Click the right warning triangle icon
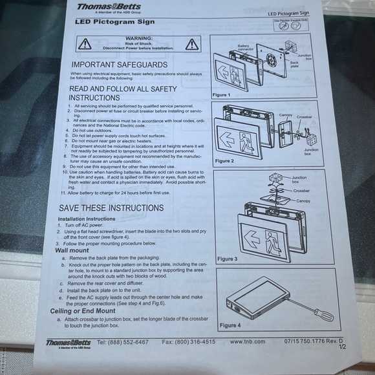(191, 44)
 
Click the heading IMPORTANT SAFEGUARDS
(120, 65)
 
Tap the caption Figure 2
(225, 160)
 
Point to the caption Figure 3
(227, 259)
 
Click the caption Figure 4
(229, 325)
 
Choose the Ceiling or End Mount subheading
(85, 311)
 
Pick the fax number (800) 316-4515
(188, 341)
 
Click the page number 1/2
(342, 347)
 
